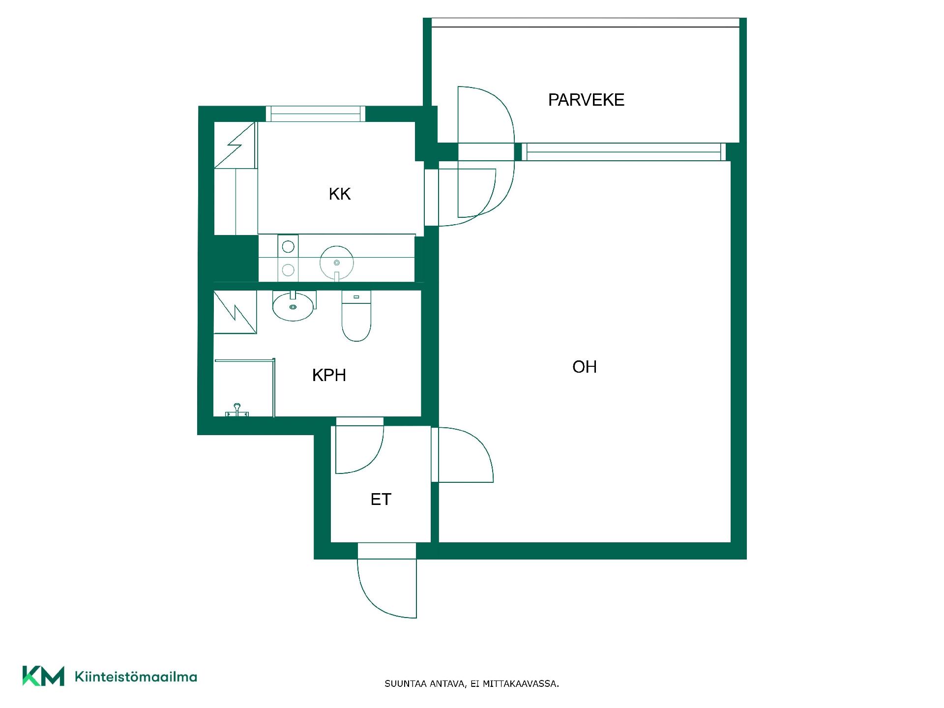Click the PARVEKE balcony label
coord(586,100)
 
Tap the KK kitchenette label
coord(340,194)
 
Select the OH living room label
coord(585,367)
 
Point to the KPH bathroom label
coord(329,375)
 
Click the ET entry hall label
coord(381,500)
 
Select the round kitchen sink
coord(337,263)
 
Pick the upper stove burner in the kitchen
coord(288,246)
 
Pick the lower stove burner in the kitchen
coord(288,269)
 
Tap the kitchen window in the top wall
coord(316,114)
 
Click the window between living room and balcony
coord(623,152)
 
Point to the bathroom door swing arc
coord(373,460)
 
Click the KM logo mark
coord(43,676)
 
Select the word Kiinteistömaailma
coord(136,677)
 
